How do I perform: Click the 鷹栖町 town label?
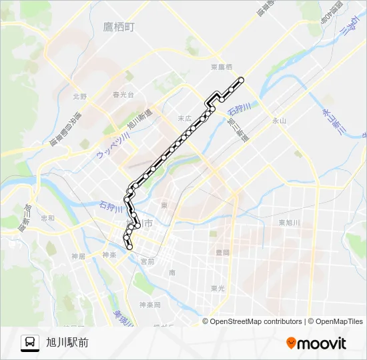[119, 27]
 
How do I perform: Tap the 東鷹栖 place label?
[221, 67]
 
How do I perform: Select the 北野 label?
[80, 96]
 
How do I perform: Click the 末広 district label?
[184, 118]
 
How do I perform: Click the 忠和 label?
[47, 218]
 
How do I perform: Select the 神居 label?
[79, 255]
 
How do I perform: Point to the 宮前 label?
[147, 262]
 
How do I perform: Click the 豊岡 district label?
[222, 253]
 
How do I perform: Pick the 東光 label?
[218, 288]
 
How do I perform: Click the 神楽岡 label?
[150, 305]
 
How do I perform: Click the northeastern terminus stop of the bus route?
[241, 81]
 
